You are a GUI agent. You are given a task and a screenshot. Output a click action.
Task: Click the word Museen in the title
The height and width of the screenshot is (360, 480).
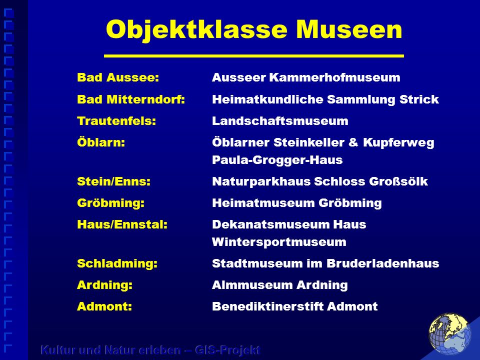pyautogui.click(x=349, y=29)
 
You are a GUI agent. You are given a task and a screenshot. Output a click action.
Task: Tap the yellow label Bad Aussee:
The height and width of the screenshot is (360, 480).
pyautogui.click(x=118, y=77)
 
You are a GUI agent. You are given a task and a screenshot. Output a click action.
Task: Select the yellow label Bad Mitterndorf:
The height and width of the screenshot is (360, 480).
pyautogui.click(x=131, y=99)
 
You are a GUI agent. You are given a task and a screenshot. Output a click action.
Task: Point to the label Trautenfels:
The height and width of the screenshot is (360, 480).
pyautogui.click(x=116, y=121)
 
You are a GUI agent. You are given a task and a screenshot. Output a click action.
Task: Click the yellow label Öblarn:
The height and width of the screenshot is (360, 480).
pyautogui.click(x=101, y=142)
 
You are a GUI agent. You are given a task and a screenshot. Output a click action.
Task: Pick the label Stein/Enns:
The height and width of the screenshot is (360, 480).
pyautogui.click(x=114, y=181)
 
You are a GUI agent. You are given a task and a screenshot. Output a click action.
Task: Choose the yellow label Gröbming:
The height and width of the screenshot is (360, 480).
pyautogui.click(x=111, y=203)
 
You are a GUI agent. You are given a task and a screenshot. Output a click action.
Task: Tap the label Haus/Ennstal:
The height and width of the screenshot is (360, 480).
pyautogui.click(x=122, y=224)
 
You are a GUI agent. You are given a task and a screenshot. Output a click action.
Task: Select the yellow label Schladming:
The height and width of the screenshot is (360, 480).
pyautogui.click(x=117, y=263)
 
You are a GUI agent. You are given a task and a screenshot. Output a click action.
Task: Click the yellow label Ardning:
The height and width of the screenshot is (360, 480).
pyautogui.click(x=104, y=285)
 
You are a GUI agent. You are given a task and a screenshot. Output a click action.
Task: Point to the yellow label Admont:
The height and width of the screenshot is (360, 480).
pyautogui.click(x=104, y=306)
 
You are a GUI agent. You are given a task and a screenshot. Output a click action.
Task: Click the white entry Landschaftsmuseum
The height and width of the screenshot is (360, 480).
pyautogui.click(x=280, y=121)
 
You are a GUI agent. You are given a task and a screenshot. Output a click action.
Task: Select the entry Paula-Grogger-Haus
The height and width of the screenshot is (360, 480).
pyautogui.click(x=277, y=160)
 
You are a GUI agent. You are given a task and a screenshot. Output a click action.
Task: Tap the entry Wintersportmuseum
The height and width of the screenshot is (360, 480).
pyautogui.click(x=279, y=242)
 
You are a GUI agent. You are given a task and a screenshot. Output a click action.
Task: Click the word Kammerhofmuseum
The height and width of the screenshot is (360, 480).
pyautogui.click(x=335, y=77)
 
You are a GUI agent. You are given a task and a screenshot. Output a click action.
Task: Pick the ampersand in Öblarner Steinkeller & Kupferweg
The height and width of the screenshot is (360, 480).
pyautogui.click(x=353, y=142)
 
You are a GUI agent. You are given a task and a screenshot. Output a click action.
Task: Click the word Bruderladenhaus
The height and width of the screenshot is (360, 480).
pyautogui.click(x=383, y=263)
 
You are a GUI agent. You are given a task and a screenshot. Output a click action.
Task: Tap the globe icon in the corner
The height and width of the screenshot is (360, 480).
pyautogui.click(x=450, y=334)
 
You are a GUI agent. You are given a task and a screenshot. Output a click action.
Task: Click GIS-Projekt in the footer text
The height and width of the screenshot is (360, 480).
pyautogui.click(x=227, y=350)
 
